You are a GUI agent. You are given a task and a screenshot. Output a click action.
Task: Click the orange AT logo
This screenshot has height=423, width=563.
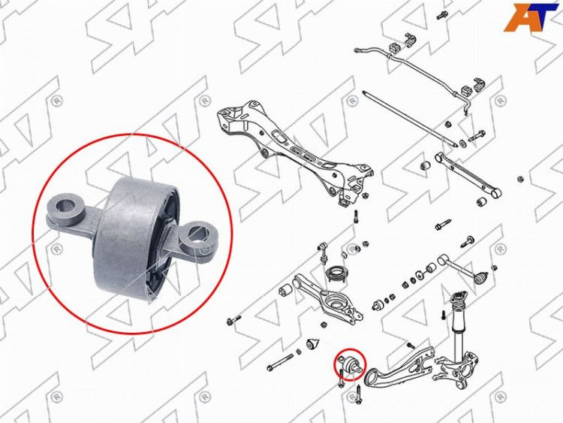(x=531, y=17)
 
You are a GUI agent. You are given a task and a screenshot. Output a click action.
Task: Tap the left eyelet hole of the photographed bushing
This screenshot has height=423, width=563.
(x=66, y=205)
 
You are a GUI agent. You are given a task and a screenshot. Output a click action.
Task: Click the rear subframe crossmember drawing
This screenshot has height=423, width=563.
(x=294, y=151)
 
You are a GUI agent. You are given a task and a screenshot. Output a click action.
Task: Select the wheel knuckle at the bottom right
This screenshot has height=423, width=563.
(x=456, y=370)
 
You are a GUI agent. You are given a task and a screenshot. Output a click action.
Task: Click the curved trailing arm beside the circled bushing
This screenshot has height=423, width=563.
(x=399, y=370)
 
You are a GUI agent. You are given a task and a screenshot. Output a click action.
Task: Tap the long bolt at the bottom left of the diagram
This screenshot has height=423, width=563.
(x=281, y=363)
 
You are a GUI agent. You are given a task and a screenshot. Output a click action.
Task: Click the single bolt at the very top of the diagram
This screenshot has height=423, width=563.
(x=441, y=16)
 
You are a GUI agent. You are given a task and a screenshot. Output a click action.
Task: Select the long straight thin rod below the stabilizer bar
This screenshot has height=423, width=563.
(x=409, y=118)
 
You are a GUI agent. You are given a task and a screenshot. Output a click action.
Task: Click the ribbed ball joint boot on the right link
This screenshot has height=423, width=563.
(x=481, y=278)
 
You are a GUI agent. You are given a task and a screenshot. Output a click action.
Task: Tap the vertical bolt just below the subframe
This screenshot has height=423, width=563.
(x=356, y=216)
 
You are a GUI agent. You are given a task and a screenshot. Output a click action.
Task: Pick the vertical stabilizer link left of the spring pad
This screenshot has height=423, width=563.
(x=323, y=254)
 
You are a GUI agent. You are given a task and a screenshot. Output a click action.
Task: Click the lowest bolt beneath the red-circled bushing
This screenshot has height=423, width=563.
(x=358, y=394)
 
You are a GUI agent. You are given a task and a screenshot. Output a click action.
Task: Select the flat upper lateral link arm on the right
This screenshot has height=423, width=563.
(x=467, y=174)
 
